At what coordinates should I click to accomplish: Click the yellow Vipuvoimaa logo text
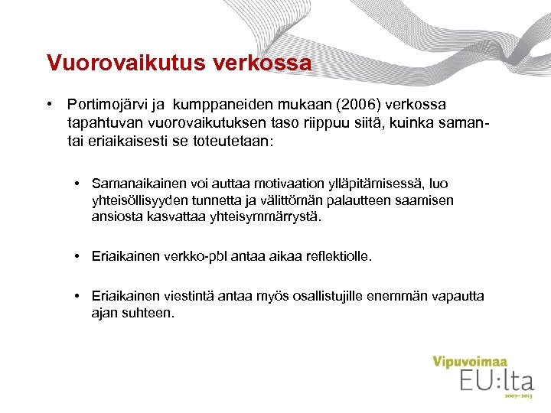coord(470,362)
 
